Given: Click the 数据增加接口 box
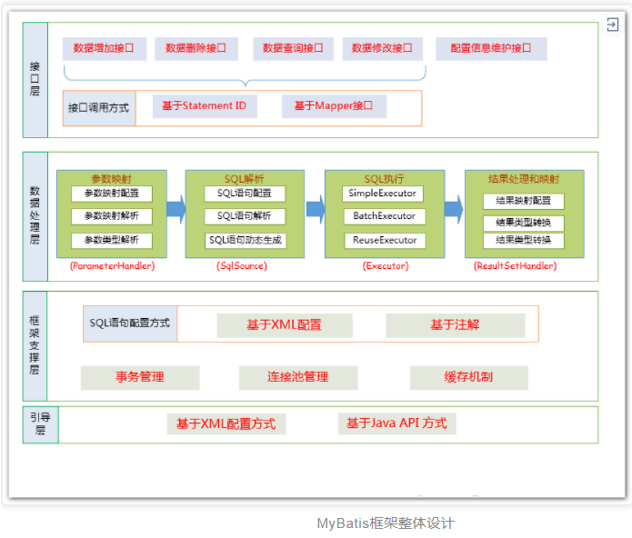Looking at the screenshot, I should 104,48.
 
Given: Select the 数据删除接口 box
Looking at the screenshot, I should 196,48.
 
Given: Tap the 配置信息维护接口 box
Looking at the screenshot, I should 491,48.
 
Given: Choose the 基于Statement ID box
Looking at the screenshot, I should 205,106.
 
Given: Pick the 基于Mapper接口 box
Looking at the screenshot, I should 334,106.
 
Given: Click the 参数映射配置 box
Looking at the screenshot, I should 112,194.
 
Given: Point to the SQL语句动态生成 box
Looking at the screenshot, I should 245,240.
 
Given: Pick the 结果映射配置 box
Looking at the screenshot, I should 523,201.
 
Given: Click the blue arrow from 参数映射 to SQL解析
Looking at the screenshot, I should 176,210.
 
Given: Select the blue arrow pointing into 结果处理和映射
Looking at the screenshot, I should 454,210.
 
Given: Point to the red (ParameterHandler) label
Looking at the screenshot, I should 112,266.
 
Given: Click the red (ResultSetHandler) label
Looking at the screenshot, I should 516,266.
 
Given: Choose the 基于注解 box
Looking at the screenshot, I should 455,324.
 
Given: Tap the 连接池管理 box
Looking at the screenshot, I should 298,377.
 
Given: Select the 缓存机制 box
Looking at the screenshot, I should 468,377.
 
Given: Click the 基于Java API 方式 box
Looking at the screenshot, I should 396,423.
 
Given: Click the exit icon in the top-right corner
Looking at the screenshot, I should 613,26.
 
